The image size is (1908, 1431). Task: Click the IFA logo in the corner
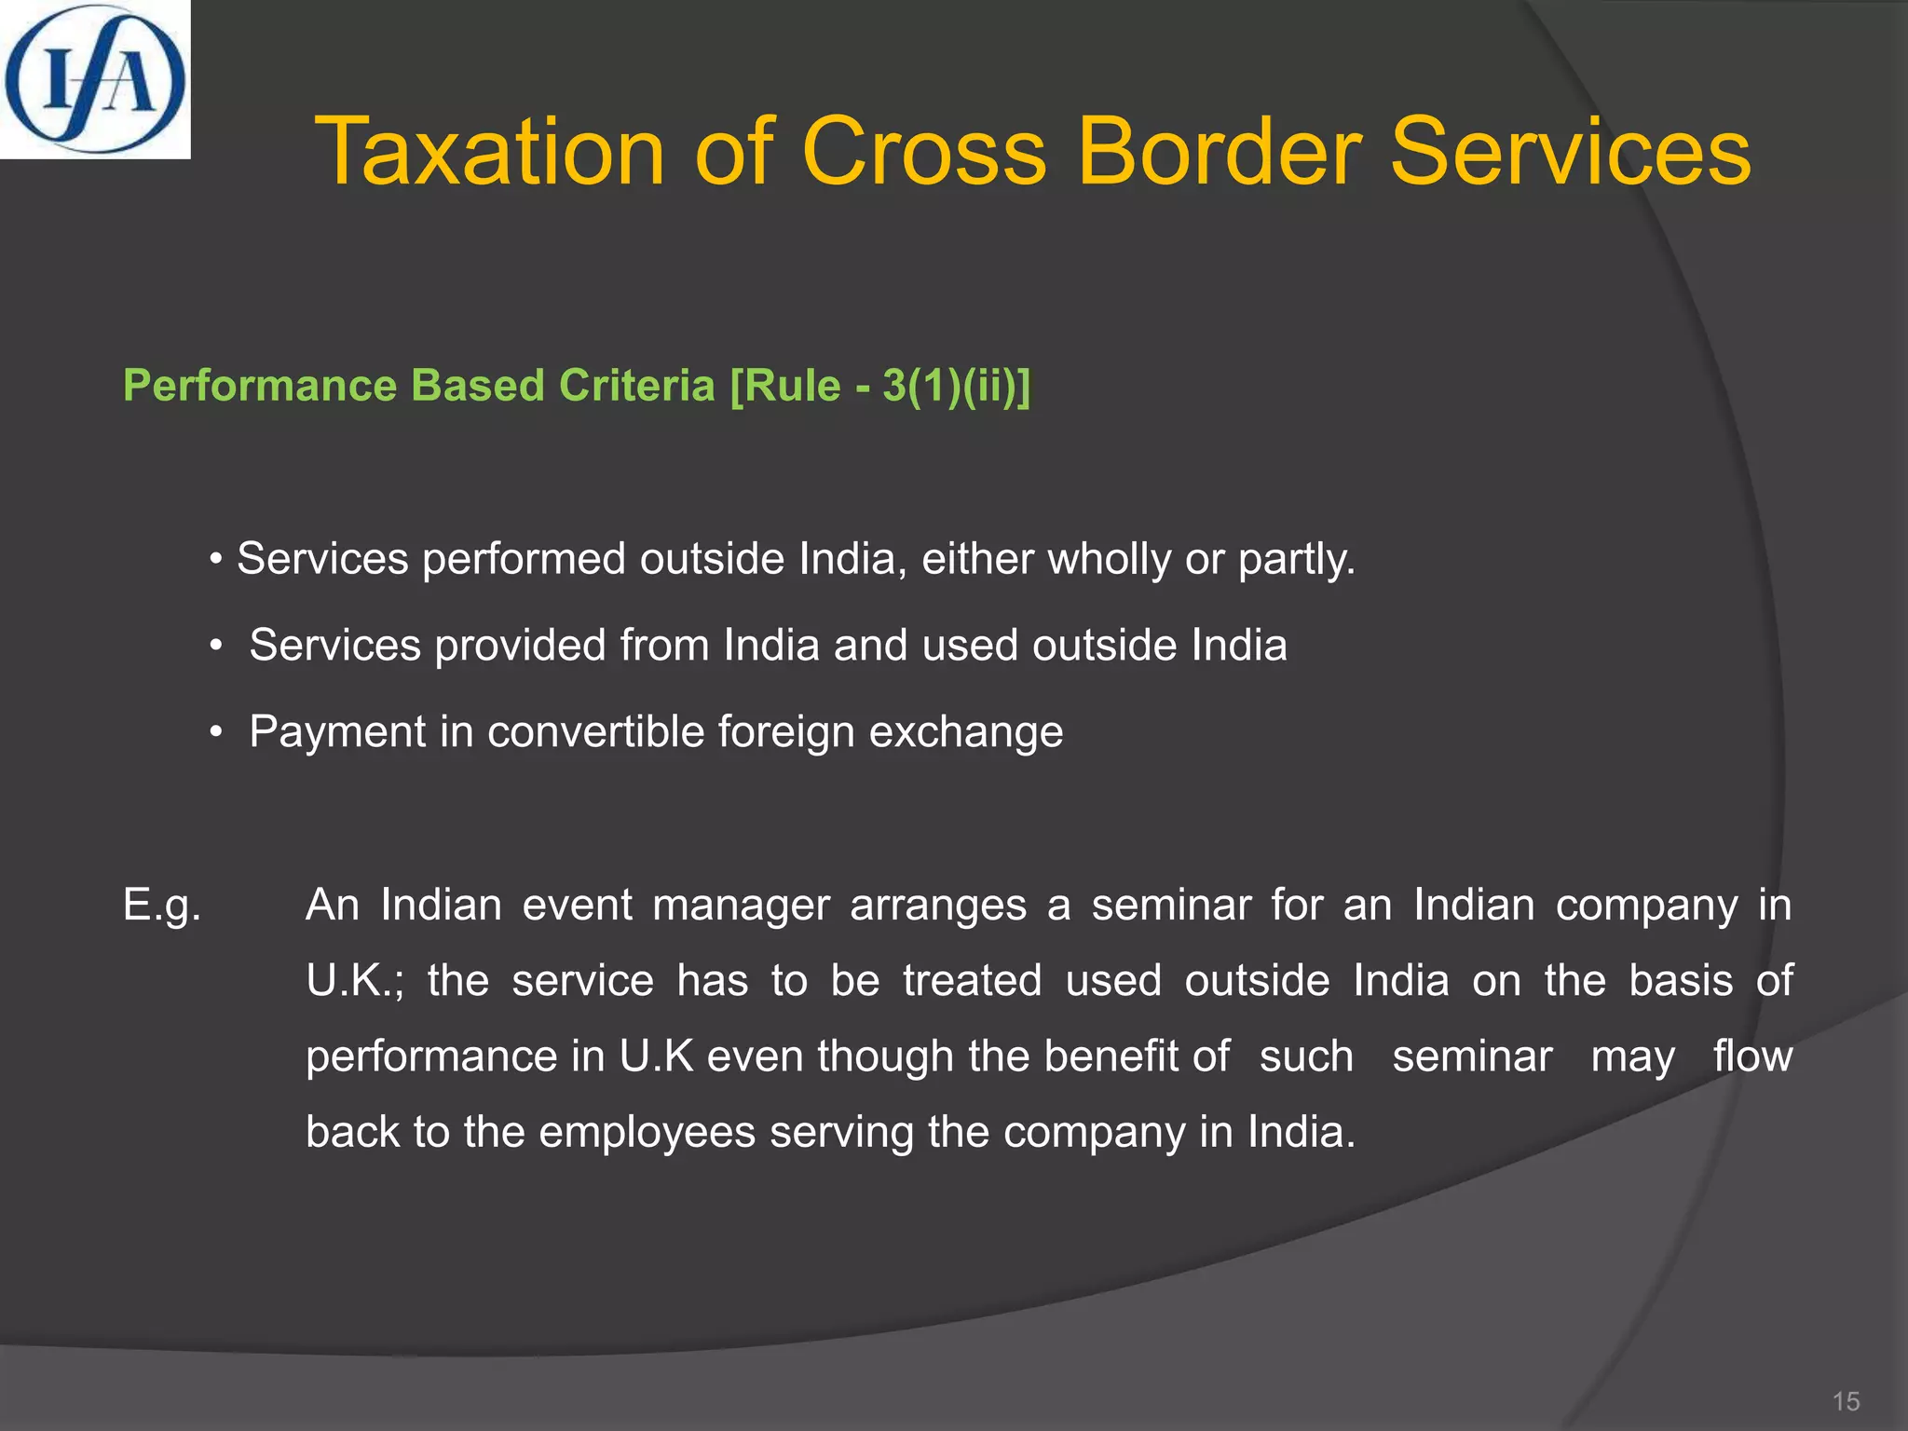[94, 79]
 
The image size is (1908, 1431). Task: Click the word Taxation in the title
[489, 152]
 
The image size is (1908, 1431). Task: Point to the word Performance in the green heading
[260, 386]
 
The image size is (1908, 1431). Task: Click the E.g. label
[162, 906]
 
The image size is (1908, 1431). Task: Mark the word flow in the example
[1752, 1056]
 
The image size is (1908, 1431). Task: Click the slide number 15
[1846, 1401]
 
